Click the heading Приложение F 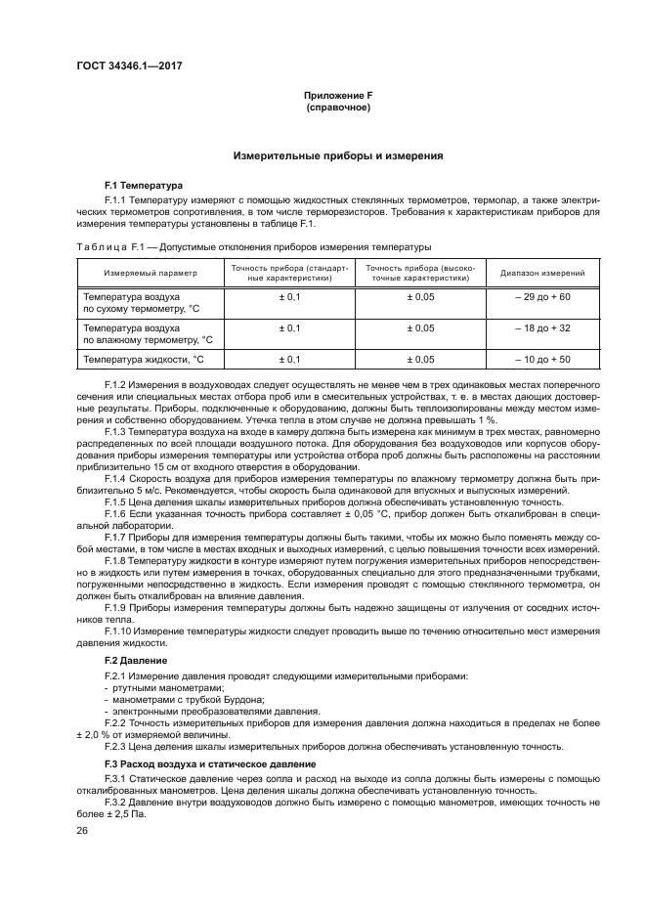click(338, 95)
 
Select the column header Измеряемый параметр click(151, 274)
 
